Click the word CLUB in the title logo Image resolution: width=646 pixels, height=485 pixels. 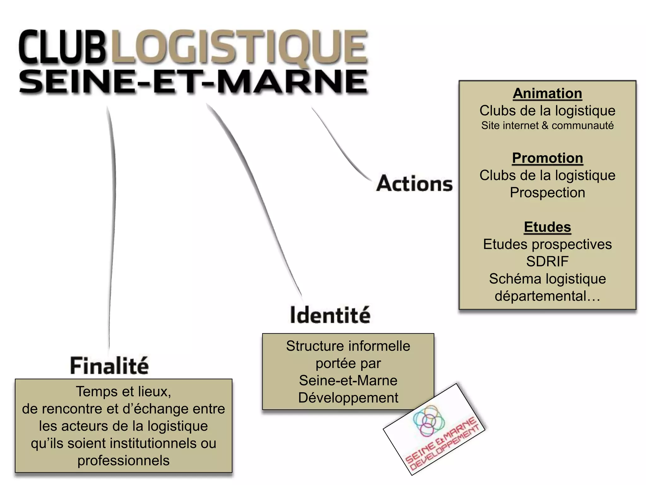(x=62, y=47)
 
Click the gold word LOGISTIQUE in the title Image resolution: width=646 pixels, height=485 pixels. (x=240, y=47)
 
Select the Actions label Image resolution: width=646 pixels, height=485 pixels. (x=414, y=183)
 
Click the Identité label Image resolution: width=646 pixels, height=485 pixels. (x=330, y=315)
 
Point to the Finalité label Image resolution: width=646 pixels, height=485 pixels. (x=109, y=366)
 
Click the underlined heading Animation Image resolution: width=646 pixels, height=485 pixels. (x=547, y=93)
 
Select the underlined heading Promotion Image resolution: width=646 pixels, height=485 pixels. (x=547, y=158)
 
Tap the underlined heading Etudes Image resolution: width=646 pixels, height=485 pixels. (x=547, y=227)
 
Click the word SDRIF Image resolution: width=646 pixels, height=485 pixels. (x=547, y=261)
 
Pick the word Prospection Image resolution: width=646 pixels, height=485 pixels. (x=547, y=193)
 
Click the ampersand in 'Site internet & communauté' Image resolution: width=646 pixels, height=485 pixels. (x=545, y=126)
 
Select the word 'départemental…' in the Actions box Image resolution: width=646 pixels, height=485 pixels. (x=547, y=296)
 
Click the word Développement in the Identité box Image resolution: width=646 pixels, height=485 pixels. (x=348, y=398)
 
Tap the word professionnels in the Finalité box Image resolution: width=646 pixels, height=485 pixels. (x=123, y=460)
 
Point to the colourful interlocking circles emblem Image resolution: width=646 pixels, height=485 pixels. (x=429, y=421)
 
